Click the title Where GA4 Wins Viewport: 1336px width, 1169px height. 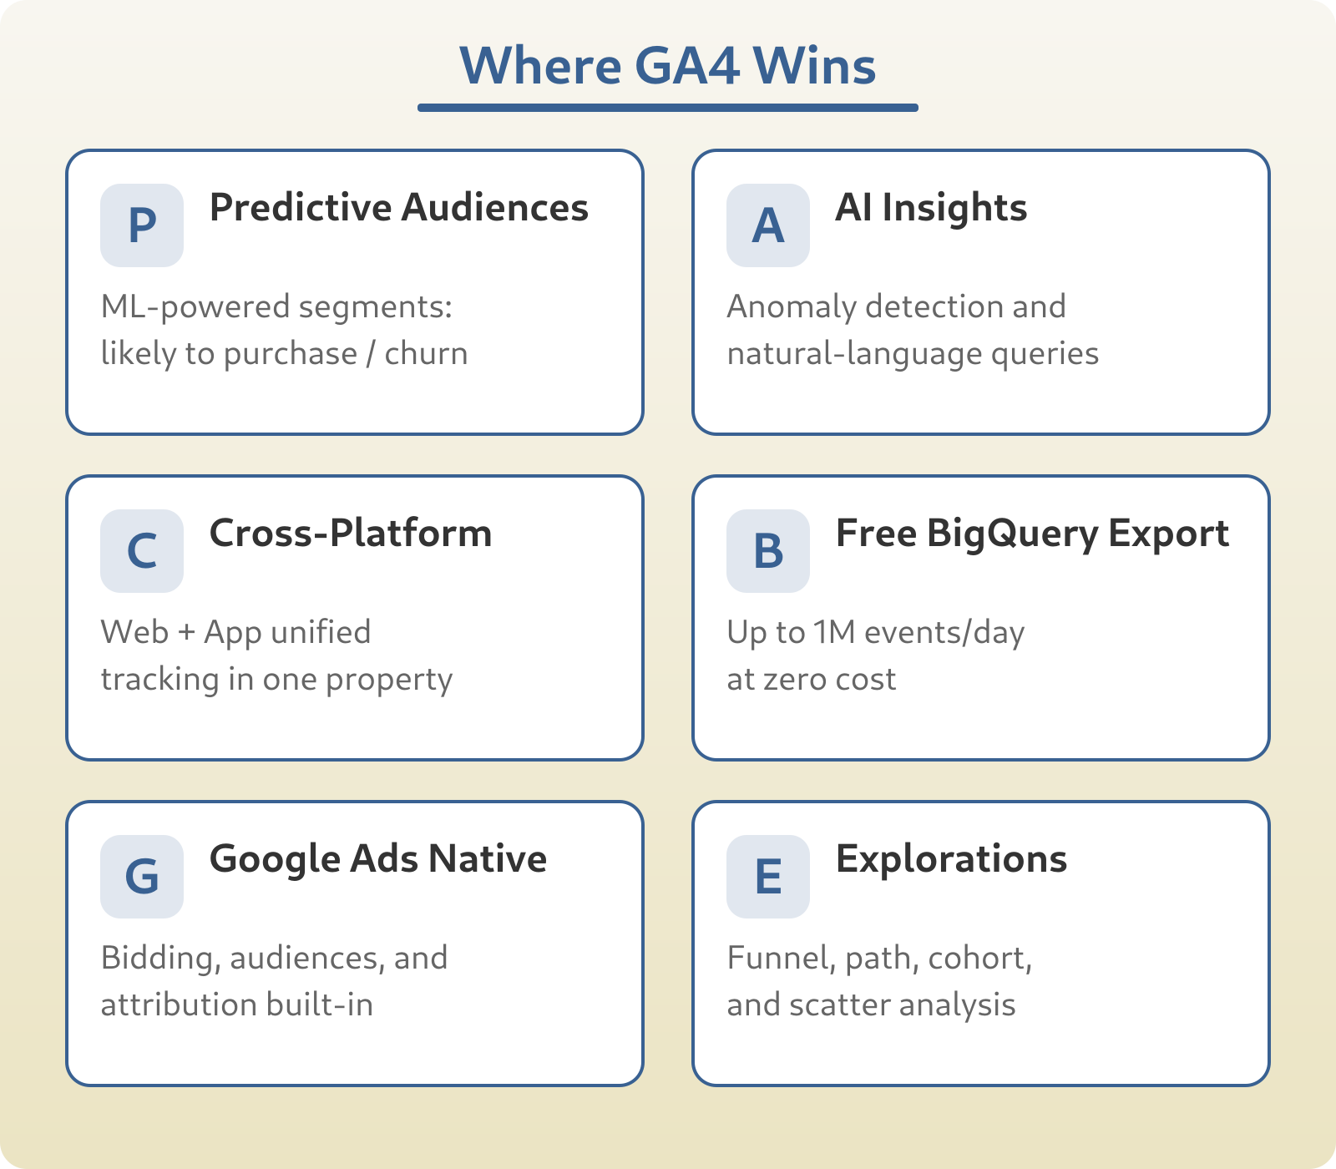[667, 65]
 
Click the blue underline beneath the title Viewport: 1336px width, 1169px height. [667, 108]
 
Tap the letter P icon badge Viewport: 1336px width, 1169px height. [142, 225]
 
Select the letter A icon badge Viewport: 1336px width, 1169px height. [768, 225]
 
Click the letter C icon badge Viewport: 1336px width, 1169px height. [142, 551]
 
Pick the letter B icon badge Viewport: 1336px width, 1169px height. [768, 551]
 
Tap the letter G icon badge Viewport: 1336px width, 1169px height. [142, 877]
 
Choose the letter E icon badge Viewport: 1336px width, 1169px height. [768, 877]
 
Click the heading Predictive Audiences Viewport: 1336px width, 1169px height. [398, 207]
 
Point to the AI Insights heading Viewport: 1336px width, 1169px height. [931, 207]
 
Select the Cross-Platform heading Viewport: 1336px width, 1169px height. [351, 533]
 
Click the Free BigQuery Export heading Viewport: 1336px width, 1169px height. [1032, 533]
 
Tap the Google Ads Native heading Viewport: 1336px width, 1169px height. [378, 858]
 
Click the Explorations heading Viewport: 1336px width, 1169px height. [951, 858]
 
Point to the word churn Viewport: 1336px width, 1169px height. [426, 353]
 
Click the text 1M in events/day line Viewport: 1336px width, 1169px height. [834, 632]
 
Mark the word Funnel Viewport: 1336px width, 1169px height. [780, 958]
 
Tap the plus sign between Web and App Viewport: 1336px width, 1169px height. [187, 633]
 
